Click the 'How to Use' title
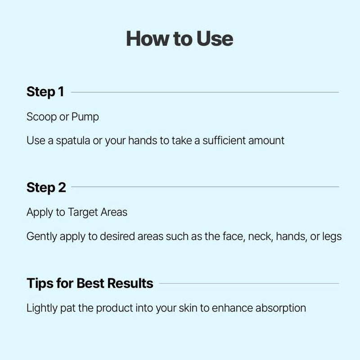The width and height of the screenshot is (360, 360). tap(180, 39)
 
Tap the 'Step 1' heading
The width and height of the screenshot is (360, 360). tap(45, 92)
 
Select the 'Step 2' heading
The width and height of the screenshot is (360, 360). tap(46, 187)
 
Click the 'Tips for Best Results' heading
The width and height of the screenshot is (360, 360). tap(90, 283)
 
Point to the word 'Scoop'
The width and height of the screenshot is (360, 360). tap(41, 117)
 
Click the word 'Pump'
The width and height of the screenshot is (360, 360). tap(85, 117)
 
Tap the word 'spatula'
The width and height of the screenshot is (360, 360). tap(73, 141)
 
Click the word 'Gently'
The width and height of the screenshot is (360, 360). tap(41, 237)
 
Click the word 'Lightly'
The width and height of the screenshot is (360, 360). tap(42, 308)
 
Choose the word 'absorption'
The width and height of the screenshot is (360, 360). tap(281, 308)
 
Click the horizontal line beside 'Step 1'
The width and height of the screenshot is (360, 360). tap(205, 92)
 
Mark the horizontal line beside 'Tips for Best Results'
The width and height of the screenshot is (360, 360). tap(249, 283)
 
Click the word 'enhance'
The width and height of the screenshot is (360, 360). tap(232, 308)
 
